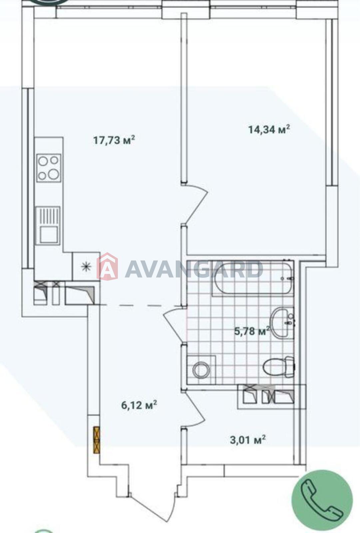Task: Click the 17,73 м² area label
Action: (114, 140)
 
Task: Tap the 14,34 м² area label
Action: (269, 130)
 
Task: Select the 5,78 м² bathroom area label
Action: (252, 331)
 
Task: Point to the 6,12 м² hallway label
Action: (139, 405)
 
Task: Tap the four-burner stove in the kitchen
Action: (49, 168)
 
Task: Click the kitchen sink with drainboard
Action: (48, 226)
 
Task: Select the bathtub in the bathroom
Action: (253, 278)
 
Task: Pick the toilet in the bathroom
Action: (278, 367)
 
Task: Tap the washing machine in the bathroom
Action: (201, 370)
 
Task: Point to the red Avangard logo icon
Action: (107, 266)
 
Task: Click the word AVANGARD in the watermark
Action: (194, 269)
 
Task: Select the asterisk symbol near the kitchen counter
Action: (86, 266)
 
